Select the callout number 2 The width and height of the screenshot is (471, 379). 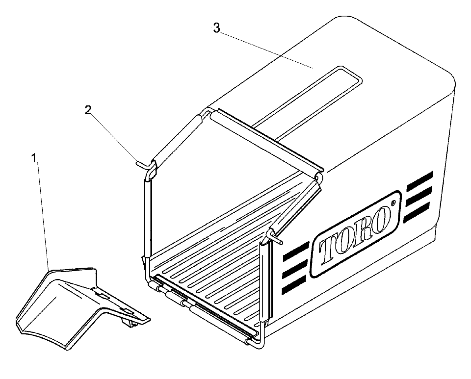coord(88,110)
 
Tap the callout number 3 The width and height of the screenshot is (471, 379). coord(216,28)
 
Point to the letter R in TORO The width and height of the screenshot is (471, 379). coord(364,230)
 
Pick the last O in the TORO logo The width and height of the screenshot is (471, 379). coord(383,219)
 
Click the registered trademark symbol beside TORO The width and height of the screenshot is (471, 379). coord(393,202)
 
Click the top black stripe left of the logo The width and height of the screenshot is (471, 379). coord(294,250)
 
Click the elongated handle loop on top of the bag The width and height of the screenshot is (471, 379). coord(309,98)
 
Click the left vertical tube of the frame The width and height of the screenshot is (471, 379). coord(146,216)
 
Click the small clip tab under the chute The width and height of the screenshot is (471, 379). coord(128,322)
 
